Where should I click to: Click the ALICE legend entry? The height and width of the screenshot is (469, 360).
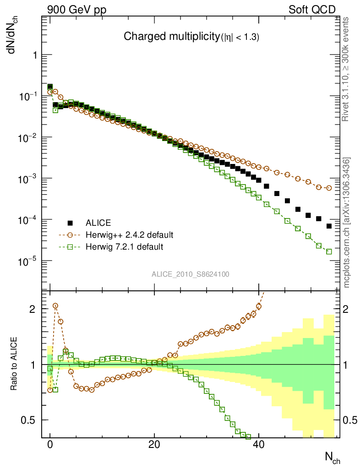[x=98, y=223]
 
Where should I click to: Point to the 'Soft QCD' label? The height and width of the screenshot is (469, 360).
[x=312, y=10]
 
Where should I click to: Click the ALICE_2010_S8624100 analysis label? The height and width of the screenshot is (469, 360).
[x=191, y=274]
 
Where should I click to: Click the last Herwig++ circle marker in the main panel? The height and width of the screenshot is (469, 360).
[x=329, y=188]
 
